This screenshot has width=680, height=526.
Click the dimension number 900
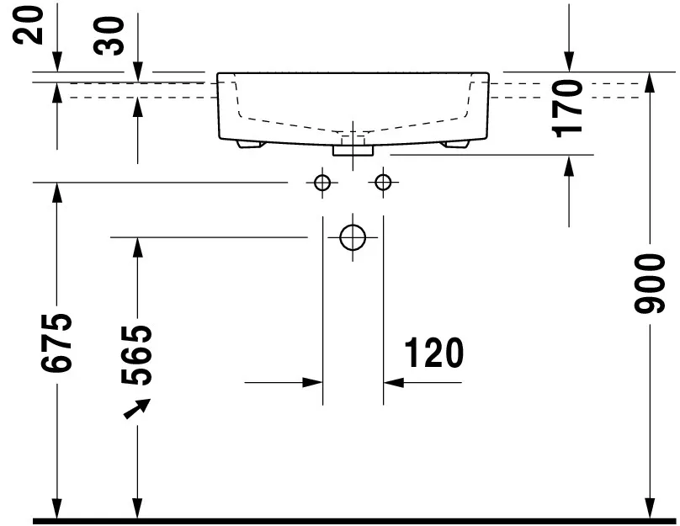coord(649,284)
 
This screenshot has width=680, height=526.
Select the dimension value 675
coord(56,343)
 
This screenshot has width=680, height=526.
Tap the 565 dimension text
coord(136,355)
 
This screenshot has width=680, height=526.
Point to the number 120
coord(434,353)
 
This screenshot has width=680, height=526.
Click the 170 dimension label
coord(567,109)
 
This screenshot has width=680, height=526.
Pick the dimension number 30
coord(109,36)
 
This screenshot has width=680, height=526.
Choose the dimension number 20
coord(28,25)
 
